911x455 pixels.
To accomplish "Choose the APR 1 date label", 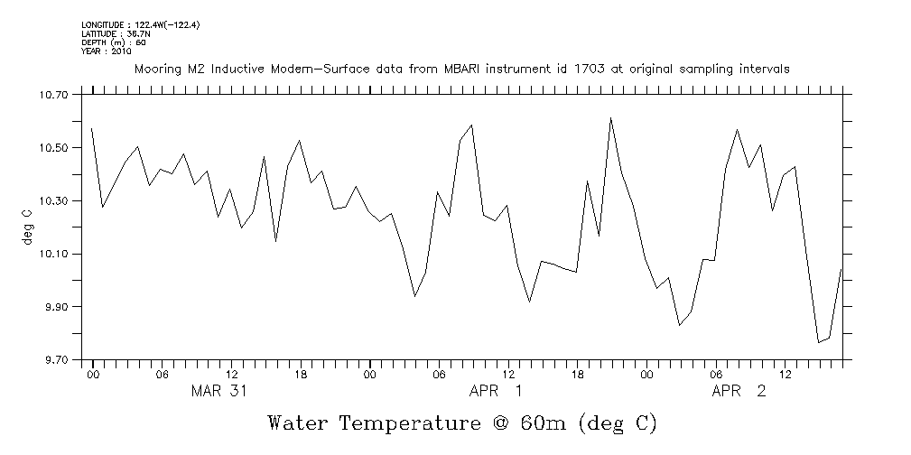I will point(495,391).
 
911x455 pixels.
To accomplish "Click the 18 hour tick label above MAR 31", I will point(302,374).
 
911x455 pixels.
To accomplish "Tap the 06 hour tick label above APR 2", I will point(716,374).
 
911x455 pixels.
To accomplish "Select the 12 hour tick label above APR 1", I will point(509,374).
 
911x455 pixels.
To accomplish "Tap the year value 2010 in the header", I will point(121,51).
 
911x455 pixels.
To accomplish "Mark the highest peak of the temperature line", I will point(611,117).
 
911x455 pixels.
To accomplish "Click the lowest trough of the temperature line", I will point(819,342).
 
